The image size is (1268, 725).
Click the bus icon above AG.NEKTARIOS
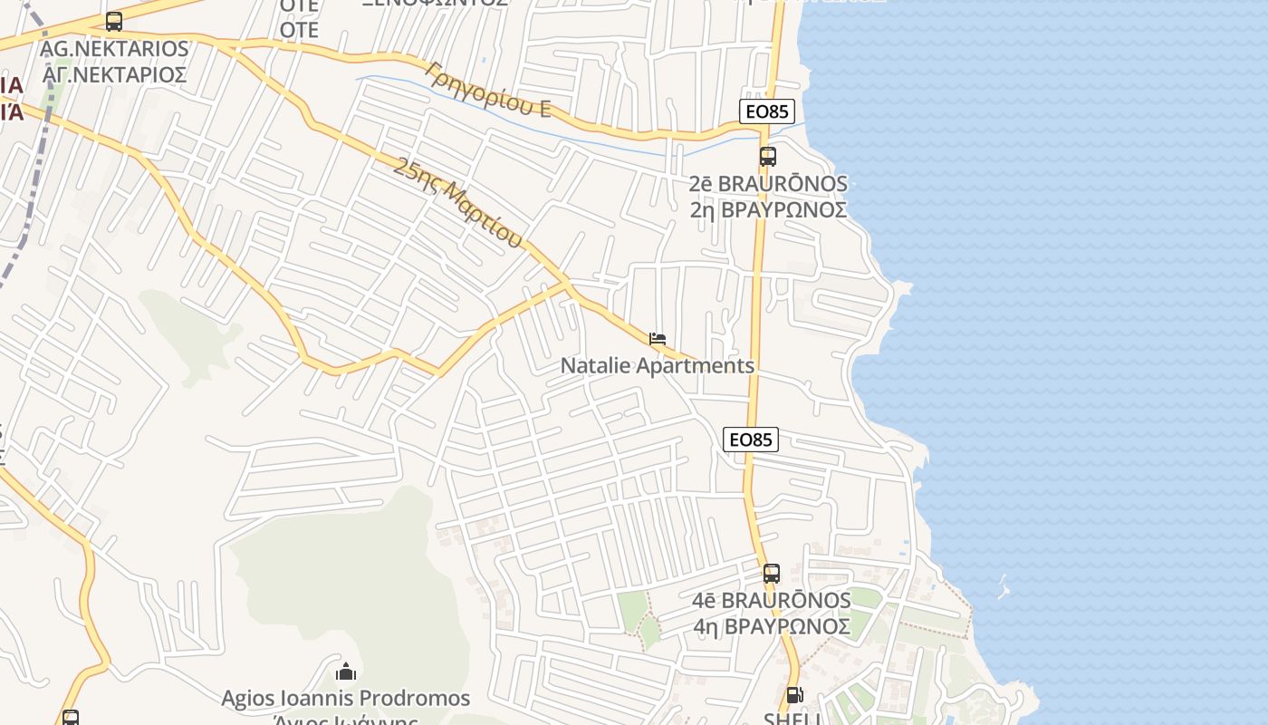tap(114, 21)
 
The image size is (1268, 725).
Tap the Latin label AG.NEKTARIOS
tap(115, 49)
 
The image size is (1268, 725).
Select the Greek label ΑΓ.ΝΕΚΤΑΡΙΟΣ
tap(115, 74)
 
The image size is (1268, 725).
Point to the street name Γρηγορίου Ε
tap(487, 89)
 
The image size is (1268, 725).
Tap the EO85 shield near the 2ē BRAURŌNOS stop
tap(766, 111)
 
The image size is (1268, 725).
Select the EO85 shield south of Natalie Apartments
tap(752, 440)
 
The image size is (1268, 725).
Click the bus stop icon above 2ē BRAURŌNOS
tap(767, 156)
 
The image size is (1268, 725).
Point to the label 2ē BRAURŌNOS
tap(768, 184)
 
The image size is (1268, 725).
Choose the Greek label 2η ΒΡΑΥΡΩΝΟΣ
tap(768, 210)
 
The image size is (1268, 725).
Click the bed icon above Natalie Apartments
tap(658, 339)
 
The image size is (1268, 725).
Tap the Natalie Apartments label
tap(658, 366)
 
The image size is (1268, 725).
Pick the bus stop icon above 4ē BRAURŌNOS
tap(771, 573)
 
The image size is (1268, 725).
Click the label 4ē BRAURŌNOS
tap(772, 601)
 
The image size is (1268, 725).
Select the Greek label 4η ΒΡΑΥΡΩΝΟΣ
tap(772, 626)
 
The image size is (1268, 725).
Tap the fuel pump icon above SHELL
tap(794, 695)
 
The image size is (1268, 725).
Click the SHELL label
tap(792, 718)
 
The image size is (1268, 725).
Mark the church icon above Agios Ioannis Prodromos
tap(345, 672)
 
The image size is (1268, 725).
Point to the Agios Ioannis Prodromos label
tap(346, 699)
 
